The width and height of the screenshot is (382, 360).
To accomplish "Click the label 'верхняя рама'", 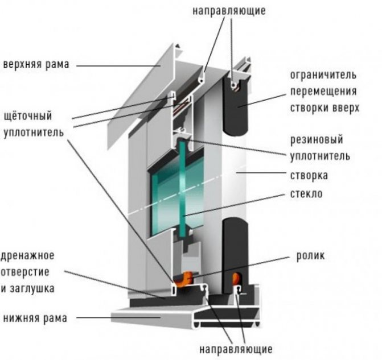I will click(36, 64).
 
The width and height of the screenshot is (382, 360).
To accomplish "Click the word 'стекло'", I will click(306, 194).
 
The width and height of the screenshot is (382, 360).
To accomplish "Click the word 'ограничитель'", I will click(323, 75).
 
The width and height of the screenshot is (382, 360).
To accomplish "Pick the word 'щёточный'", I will click(27, 117).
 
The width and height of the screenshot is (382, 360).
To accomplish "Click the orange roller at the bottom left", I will click(183, 278).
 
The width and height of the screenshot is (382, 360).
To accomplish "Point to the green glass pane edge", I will click(183, 188).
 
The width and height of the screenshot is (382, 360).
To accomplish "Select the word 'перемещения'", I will click(322, 91).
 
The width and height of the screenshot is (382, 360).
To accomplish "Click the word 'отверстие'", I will click(28, 271).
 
